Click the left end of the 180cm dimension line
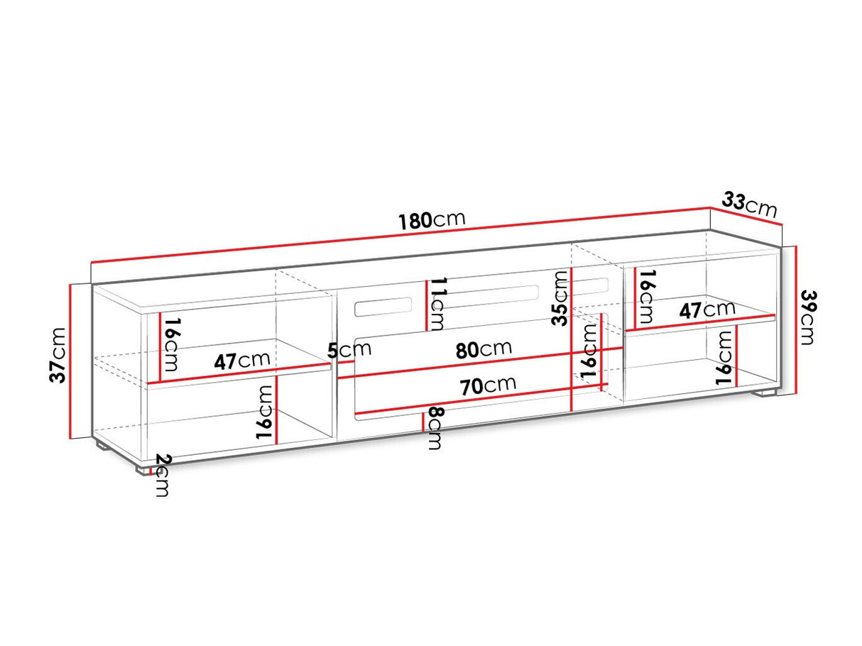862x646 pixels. (x=91, y=262)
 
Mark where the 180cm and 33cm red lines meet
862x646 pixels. (x=710, y=207)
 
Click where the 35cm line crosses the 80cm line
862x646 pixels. (x=572, y=354)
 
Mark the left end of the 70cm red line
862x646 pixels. (x=354, y=414)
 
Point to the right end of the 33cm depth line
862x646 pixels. (x=782, y=224)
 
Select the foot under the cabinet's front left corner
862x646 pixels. (x=143, y=469)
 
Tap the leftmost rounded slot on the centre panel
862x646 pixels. (x=383, y=307)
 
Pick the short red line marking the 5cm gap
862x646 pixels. (x=346, y=363)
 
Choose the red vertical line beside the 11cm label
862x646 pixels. (x=427, y=306)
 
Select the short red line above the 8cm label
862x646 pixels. (x=422, y=422)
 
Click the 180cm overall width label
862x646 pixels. (x=432, y=221)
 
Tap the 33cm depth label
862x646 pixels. (x=749, y=204)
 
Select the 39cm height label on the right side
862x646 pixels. (x=808, y=317)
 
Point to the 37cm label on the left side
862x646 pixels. (x=58, y=355)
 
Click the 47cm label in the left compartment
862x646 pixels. (x=242, y=361)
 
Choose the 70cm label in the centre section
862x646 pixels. (x=488, y=385)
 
